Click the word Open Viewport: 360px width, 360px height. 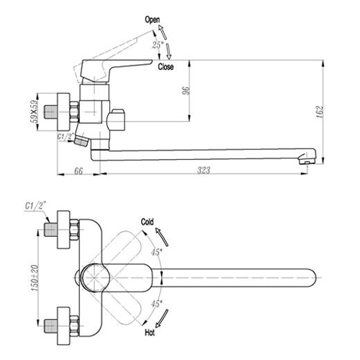click(153, 19)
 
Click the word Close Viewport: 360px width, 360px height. click(166, 67)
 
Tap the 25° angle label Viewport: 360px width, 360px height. click(158, 45)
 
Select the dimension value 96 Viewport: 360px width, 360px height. click(186, 91)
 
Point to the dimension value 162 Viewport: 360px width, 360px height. click(320, 112)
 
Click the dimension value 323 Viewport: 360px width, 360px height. click(204, 170)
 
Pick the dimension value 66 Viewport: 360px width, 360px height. click(78, 171)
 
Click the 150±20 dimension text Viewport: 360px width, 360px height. click(35, 277)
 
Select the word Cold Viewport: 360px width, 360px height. click(148, 222)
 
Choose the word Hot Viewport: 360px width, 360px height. click(150, 333)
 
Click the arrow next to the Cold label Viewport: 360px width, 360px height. click(162, 237)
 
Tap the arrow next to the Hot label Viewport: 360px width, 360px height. click(162, 318)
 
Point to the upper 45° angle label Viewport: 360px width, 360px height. click(156, 252)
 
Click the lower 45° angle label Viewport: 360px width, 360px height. click(156, 304)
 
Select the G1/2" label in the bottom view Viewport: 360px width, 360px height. click(35, 206)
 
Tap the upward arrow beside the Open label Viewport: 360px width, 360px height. click(163, 32)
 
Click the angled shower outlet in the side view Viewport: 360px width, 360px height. click(81, 140)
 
